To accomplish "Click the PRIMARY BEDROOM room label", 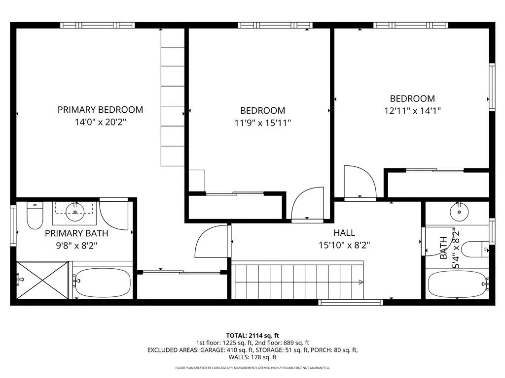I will (100, 110).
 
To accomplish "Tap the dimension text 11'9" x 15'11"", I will (262, 123).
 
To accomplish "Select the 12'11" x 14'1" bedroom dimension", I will (412, 111).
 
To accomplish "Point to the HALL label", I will (344, 233).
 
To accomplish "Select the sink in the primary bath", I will (75, 212).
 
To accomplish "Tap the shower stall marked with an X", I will (42, 280).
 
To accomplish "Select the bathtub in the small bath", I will (457, 284).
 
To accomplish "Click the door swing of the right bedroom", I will (360, 183).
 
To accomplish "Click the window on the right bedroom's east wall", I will (492, 87).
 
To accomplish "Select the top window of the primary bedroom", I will (97, 25).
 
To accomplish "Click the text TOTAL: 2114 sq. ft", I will (252, 336).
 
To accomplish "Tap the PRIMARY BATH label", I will (76, 233).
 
